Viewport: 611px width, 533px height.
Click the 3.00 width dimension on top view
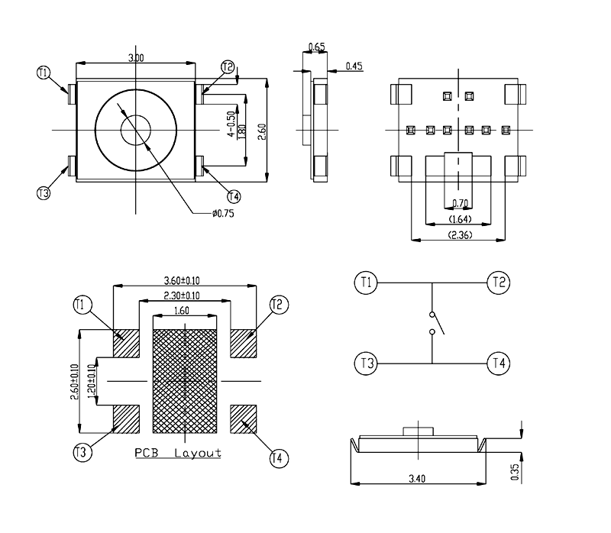point(136,58)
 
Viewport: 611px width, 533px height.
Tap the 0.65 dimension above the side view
point(316,47)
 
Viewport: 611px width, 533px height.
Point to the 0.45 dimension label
point(354,66)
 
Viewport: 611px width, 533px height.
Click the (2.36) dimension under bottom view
point(459,234)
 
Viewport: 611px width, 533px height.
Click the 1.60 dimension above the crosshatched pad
point(183,311)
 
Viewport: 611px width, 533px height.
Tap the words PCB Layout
point(178,453)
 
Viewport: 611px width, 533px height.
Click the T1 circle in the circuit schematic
point(366,283)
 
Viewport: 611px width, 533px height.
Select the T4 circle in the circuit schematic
point(499,363)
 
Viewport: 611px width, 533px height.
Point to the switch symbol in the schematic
point(432,323)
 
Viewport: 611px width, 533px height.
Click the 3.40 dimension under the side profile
point(418,479)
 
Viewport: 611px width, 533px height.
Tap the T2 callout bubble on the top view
point(228,67)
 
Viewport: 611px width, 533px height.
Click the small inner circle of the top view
point(135,128)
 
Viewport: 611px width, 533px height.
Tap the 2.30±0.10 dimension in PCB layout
point(183,296)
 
